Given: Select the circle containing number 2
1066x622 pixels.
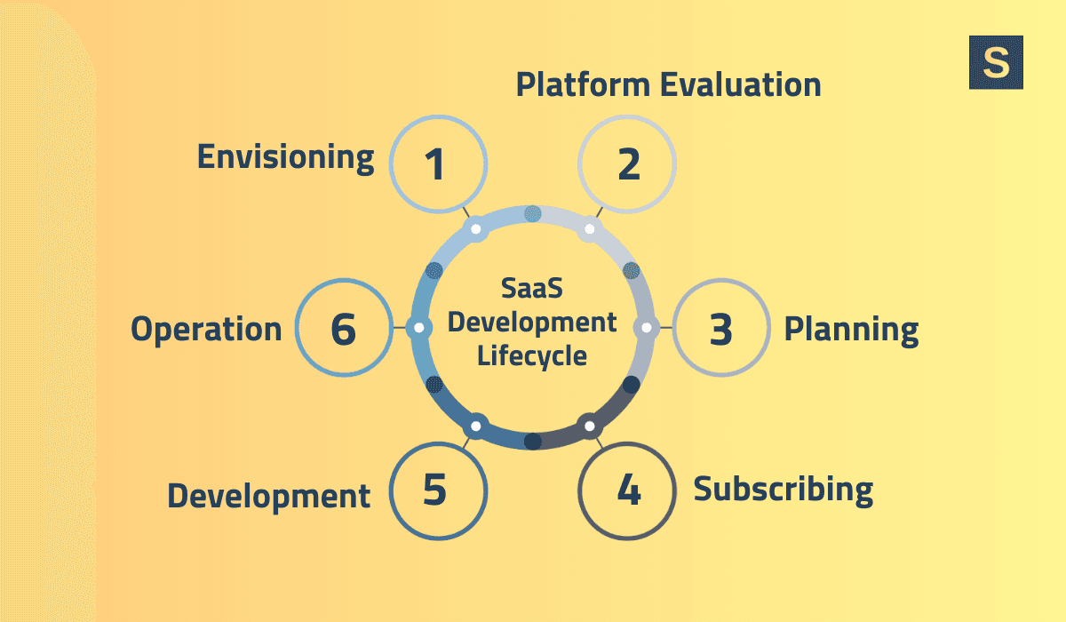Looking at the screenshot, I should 627,164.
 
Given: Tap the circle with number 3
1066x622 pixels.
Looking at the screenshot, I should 721,328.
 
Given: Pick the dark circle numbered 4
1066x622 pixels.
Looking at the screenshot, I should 627,490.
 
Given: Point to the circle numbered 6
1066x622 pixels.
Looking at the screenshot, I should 343,328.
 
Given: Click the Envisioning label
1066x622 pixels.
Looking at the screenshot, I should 285,156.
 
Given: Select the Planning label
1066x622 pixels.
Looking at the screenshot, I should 850,330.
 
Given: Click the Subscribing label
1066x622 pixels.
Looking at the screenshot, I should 783,489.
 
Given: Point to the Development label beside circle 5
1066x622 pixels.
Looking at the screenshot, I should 268,496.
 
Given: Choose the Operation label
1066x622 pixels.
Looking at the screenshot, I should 206,330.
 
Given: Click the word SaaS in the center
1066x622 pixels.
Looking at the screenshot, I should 532,290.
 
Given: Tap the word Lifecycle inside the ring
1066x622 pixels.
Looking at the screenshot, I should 532,355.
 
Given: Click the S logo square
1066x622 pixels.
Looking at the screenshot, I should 996,62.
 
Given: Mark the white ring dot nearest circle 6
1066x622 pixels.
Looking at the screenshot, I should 418,327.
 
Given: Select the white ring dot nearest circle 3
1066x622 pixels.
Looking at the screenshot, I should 646,327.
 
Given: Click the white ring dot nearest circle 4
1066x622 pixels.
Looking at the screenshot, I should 589,427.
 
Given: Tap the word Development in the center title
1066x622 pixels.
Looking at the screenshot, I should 532,323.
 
